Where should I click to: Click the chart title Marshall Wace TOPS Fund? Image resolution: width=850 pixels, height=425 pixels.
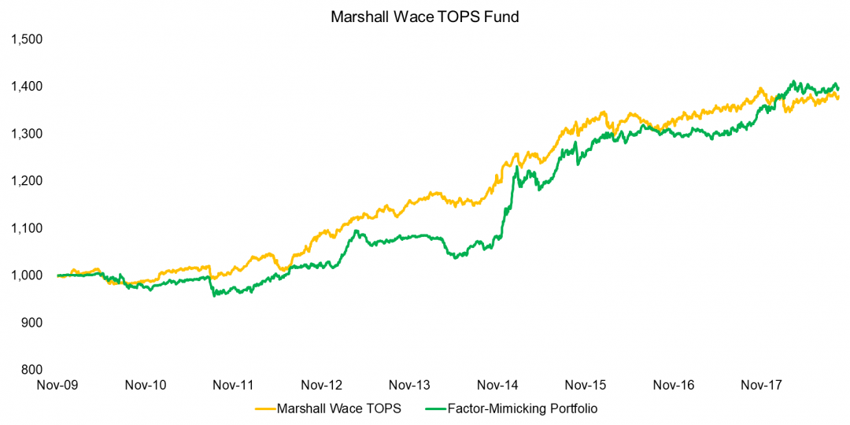click(425, 15)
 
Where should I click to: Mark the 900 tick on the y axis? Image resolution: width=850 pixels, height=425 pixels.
click(31, 323)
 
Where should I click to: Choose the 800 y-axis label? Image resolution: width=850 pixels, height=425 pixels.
click(31, 370)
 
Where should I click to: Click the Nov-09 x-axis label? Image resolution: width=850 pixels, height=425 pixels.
click(58, 386)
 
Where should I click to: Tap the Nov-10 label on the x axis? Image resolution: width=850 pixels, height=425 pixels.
click(146, 386)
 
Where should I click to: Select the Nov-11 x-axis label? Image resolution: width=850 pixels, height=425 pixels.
click(234, 386)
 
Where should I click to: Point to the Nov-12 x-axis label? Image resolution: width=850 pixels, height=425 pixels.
click(322, 386)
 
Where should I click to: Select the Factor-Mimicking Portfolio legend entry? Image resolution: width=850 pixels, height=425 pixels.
click(516, 408)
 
